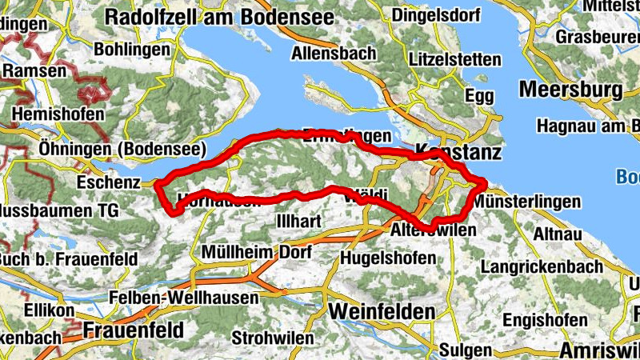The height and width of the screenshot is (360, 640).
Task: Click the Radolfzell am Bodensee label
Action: click(211, 16)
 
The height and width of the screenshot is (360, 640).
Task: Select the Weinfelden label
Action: click(382, 310)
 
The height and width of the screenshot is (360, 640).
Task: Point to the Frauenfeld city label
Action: click(133, 329)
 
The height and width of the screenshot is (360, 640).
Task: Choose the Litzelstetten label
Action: click(454, 59)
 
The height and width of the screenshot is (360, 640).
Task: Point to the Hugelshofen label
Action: click(388, 258)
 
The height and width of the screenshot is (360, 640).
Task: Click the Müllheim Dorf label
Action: click(246, 252)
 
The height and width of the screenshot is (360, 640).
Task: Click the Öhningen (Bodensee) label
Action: click(122, 149)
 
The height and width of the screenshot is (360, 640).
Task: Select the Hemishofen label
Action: click(58, 114)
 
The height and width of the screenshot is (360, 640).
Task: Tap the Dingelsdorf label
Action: click(436, 14)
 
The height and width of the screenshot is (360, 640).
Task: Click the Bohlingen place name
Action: click(132, 49)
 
